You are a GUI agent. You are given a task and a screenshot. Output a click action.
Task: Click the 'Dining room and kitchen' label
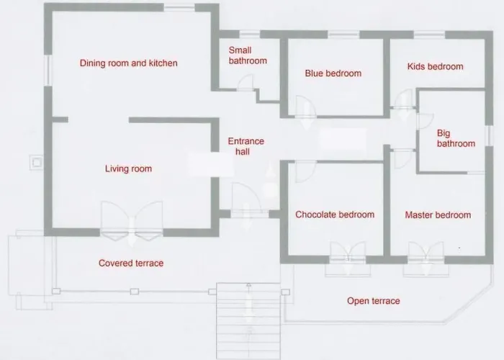coord(128,63)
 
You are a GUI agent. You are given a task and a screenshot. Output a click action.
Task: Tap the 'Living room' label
coord(128,169)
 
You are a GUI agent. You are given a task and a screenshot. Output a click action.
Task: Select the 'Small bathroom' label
coord(247,55)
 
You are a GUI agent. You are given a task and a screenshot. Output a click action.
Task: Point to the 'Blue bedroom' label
coord(333,73)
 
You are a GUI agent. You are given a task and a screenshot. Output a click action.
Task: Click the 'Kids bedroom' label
coord(435,67)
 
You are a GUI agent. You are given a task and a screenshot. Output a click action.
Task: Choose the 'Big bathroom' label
coord(456,138)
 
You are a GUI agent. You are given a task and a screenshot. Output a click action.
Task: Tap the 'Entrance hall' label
coord(246,146)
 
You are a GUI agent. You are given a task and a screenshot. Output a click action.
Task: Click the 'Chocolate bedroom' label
coord(335,215)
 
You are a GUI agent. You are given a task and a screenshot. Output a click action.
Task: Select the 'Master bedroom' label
coord(438,215)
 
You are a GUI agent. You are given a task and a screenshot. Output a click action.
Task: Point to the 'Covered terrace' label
coord(131,264)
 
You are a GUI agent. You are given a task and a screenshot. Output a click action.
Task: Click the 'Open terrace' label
coord(373,301)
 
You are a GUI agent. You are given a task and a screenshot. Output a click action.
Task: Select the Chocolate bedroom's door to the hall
coord(300,171)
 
